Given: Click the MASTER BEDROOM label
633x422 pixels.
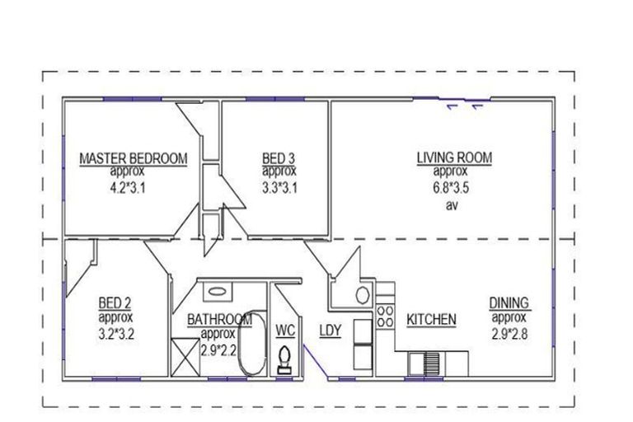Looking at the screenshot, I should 133,158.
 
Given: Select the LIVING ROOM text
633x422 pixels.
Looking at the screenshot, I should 450,158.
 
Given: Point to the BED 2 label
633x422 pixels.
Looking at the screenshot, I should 115,302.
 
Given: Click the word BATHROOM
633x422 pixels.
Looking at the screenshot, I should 218,320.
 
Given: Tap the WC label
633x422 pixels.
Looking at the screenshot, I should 285,331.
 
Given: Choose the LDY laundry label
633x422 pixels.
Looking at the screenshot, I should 331,331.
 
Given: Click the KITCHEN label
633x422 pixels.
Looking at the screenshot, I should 430,319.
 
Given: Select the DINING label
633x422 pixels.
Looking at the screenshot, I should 509,303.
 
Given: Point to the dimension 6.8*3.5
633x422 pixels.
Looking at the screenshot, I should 450,186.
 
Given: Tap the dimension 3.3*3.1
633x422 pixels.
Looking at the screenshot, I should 279,186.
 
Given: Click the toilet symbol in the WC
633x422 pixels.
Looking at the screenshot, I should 284,359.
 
